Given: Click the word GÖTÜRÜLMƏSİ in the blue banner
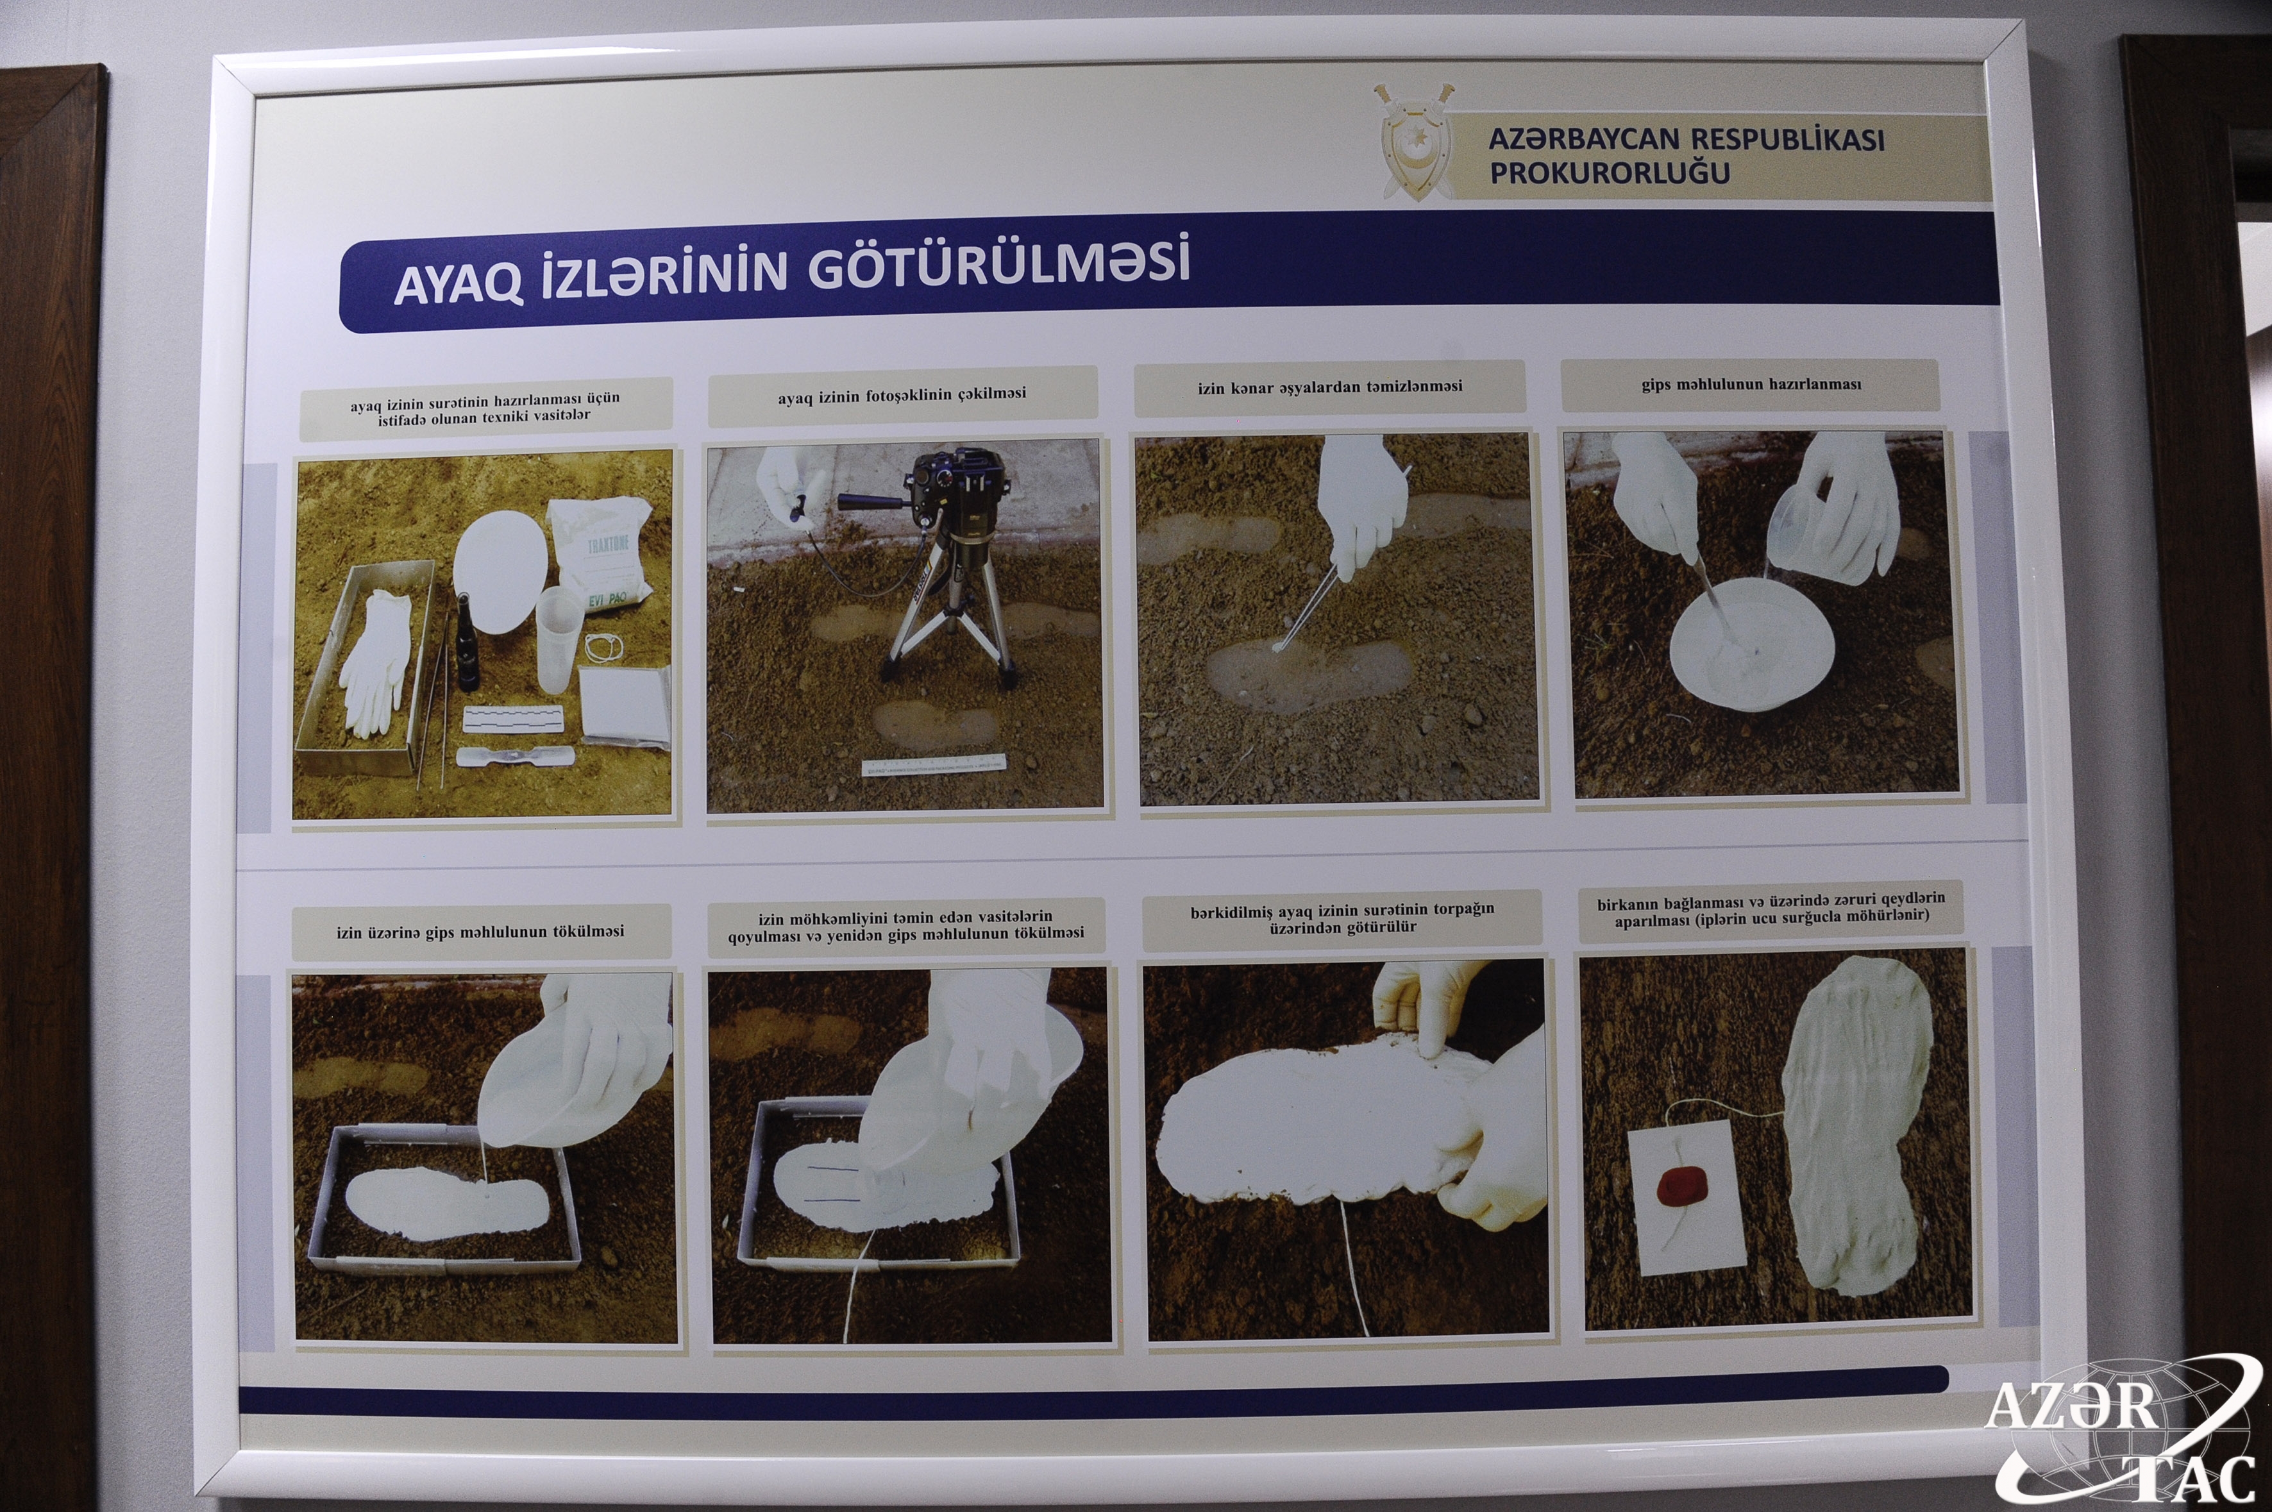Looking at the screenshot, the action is pyautogui.click(x=998, y=267).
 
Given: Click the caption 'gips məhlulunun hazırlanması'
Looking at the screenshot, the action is pyautogui.click(x=1751, y=385).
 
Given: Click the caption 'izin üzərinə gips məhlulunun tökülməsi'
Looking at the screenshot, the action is pyautogui.click(x=480, y=932).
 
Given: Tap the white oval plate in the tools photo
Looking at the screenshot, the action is pyautogui.click(x=500, y=572).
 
